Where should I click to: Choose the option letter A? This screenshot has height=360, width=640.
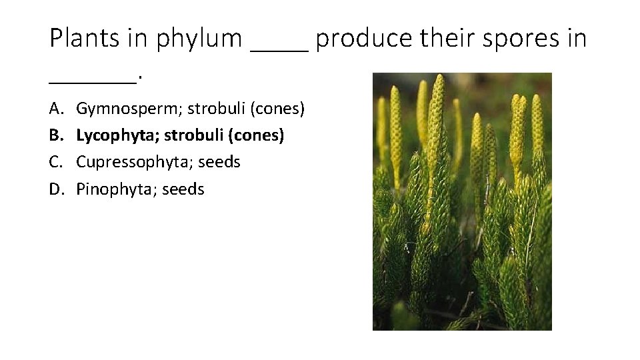pyautogui.click(x=55, y=108)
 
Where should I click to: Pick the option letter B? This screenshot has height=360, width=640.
pyautogui.click(x=55, y=135)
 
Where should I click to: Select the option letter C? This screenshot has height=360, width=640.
pyautogui.click(x=55, y=162)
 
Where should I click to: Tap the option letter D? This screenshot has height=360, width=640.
pyautogui.click(x=55, y=189)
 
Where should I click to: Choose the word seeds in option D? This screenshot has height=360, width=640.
pyautogui.click(x=182, y=189)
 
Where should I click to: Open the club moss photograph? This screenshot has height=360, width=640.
pyautogui.click(x=462, y=201)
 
